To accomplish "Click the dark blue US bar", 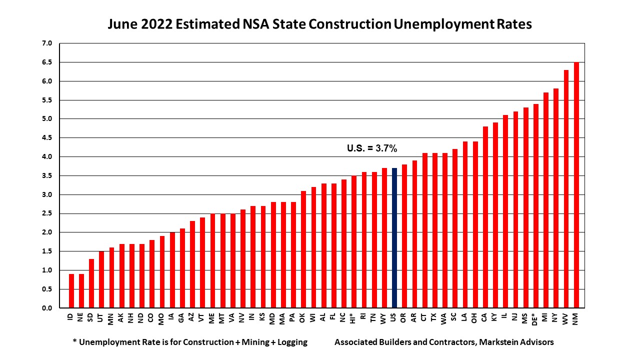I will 394,238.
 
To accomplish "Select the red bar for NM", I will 576,185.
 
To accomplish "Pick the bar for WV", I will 566,189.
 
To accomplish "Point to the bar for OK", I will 303,249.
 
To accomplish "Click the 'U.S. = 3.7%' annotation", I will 372,148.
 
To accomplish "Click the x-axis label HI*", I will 354,318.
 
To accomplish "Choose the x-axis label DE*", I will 535,319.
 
